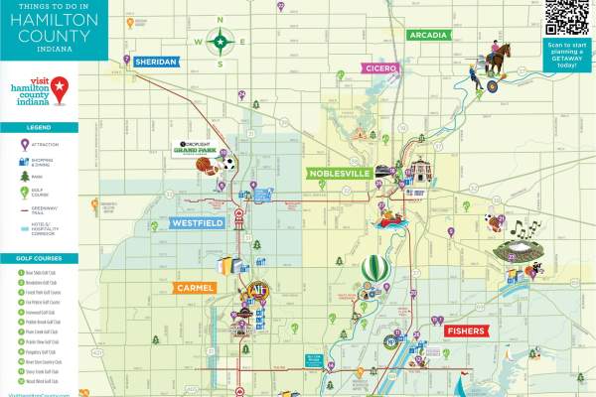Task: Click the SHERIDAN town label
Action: (157, 62)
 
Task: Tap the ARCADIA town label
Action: (429, 35)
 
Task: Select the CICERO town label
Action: (380, 68)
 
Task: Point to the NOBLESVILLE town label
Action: (340, 173)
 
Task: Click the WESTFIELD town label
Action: (199, 224)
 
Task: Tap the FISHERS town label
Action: (465, 330)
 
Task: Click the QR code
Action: (568, 17)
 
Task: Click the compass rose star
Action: (221, 43)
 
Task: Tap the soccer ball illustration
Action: (229, 163)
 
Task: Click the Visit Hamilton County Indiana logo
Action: (40, 89)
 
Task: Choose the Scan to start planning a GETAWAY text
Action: (568, 58)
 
